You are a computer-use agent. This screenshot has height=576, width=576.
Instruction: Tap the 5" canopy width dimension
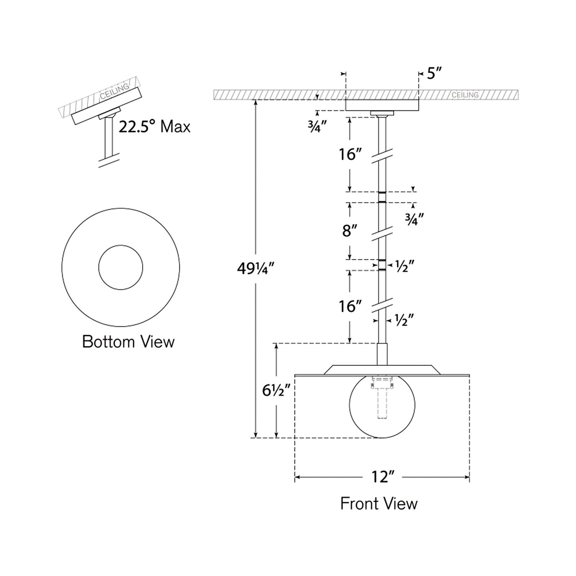click(434, 73)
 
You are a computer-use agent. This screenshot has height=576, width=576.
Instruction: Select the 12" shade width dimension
click(383, 477)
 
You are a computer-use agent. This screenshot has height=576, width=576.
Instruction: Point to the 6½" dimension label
click(275, 391)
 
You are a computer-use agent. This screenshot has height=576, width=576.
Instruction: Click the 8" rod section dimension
click(350, 230)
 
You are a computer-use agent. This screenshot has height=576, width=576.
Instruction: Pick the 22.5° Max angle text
click(155, 127)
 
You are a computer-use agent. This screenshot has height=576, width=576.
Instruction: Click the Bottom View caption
click(128, 342)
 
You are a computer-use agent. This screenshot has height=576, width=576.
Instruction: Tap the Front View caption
click(379, 503)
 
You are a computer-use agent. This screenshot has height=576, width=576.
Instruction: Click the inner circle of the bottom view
click(120, 267)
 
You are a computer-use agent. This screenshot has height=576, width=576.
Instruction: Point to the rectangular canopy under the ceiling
click(381, 105)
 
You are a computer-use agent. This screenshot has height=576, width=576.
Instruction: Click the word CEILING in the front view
click(465, 95)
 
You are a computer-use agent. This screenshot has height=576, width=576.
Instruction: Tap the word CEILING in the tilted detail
click(114, 91)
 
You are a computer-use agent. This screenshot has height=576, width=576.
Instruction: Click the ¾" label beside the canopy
click(317, 126)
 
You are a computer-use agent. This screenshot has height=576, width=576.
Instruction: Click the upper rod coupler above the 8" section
click(382, 197)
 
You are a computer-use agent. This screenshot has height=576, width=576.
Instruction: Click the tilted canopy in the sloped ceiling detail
click(106, 106)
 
